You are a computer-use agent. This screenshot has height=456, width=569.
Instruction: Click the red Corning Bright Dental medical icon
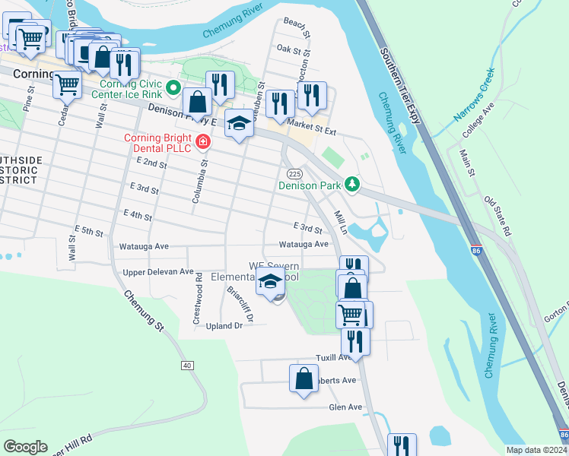pos(202,141)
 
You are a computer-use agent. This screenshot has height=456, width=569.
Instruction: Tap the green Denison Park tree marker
pos(351,184)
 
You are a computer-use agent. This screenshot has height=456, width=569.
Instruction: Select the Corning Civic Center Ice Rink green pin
pos(173,88)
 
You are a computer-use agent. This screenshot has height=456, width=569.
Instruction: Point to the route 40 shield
pos(187,366)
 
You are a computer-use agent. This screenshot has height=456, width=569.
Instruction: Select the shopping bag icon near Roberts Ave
pos(304,378)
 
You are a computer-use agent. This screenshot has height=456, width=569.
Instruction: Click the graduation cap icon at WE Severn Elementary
pos(270,281)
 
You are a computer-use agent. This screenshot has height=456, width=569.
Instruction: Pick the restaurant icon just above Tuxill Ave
pos(355,339)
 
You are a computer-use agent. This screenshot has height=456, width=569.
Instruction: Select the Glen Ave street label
pos(345,407)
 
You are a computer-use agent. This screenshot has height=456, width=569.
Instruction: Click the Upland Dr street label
pos(224,325)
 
